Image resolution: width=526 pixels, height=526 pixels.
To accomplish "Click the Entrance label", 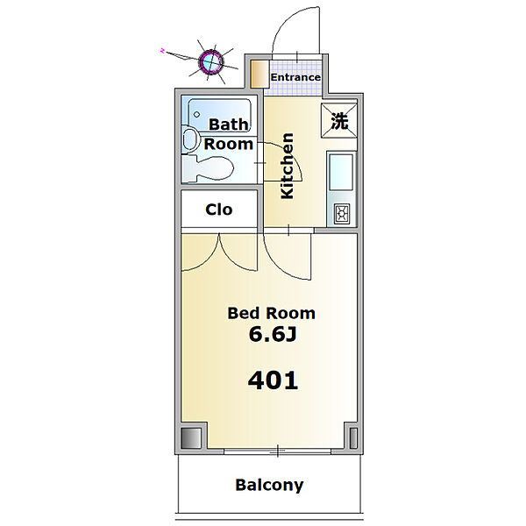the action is (x=295, y=77).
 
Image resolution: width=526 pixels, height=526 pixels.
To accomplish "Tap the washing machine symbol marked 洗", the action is (x=339, y=121).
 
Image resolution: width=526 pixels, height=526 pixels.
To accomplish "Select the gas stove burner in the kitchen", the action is (x=342, y=213).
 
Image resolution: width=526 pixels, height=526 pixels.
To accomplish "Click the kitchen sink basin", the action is (x=342, y=173).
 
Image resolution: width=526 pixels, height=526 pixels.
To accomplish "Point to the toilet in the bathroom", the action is (x=208, y=168).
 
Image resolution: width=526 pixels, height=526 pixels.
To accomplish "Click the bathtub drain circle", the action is (x=197, y=114).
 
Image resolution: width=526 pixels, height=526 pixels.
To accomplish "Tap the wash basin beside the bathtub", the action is (x=190, y=139).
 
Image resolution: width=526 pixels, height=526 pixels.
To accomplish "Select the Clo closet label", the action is (x=218, y=210).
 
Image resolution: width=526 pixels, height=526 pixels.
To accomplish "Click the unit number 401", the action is (x=273, y=380).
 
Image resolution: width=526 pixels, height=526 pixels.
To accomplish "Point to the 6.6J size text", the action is (x=273, y=334).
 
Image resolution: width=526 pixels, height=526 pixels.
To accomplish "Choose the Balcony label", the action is (x=269, y=485).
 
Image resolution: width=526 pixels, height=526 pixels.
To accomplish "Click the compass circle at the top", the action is (x=211, y=61).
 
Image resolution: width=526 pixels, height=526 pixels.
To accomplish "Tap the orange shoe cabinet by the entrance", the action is (x=260, y=75).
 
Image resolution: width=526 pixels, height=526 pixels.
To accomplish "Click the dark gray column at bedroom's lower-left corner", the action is (x=191, y=438).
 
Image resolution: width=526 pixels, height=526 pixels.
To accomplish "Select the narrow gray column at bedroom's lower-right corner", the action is (x=353, y=438).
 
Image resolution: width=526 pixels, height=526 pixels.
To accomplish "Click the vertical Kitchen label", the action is (x=288, y=166).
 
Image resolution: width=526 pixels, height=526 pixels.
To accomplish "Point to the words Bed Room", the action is (x=272, y=313).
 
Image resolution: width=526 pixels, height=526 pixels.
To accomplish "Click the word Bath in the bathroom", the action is (x=229, y=124).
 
